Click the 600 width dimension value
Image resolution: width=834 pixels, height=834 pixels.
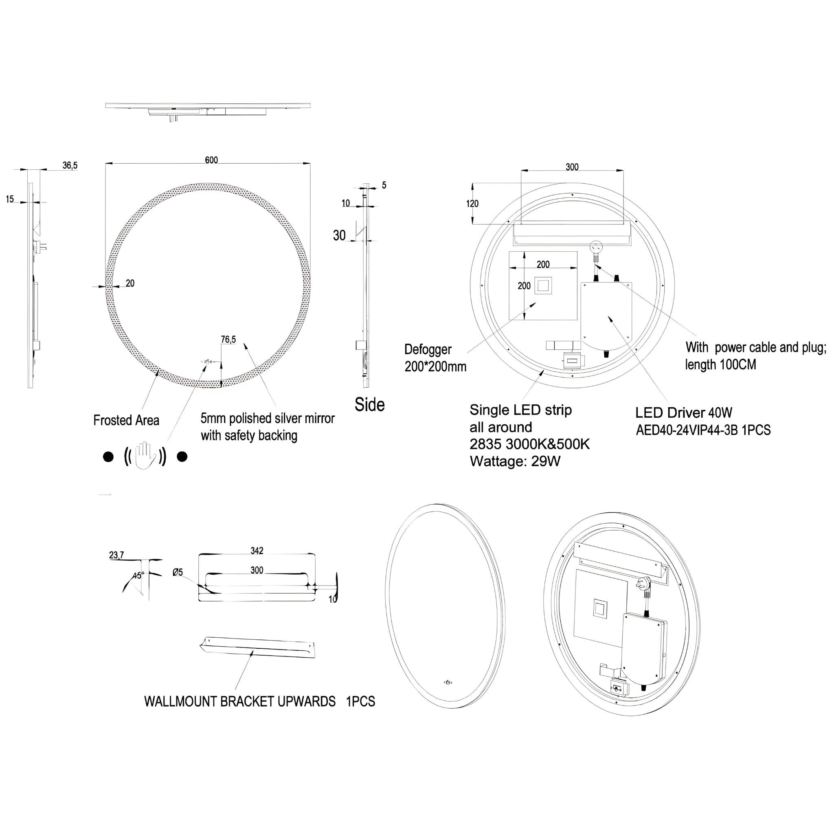tap(211, 160)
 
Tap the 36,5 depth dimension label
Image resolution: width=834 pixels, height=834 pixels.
tap(70, 165)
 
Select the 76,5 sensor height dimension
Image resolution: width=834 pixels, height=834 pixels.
tap(228, 339)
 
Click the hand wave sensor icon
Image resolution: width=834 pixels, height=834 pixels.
tap(145, 455)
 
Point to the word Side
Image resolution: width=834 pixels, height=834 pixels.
tap(369, 404)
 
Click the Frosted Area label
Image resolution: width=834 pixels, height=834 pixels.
tap(126, 420)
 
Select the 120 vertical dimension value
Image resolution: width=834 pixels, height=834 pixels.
tap(472, 204)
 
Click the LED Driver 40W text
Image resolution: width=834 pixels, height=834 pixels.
tap(684, 413)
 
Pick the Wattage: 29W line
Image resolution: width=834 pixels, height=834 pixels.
tap(515, 461)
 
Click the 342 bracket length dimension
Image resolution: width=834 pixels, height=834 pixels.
tap(257, 551)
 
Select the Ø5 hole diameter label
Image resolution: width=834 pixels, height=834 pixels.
tap(178, 573)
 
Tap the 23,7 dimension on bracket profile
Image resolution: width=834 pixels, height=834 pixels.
tap(116, 555)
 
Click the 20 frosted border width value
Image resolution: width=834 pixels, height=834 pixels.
tap(130, 283)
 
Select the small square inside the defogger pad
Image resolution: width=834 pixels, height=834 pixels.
tap(542, 286)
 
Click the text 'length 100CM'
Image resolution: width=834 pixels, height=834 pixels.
tap(720, 365)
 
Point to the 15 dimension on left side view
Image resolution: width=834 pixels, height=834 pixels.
tap(10, 199)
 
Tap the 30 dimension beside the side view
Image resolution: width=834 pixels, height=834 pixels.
tap(339, 235)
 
